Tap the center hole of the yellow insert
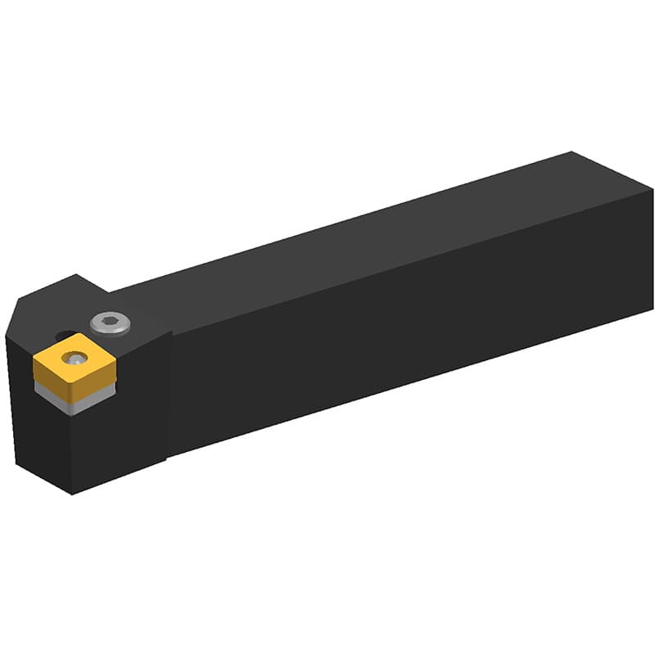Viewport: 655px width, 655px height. click(x=75, y=357)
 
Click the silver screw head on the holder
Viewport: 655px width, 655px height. click(x=110, y=323)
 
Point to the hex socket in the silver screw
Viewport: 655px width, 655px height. click(x=110, y=323)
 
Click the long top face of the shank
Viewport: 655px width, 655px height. click(x=368, y=237)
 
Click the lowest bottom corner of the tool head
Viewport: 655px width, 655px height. click(x=72, y=494)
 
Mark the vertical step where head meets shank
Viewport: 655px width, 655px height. click(x=169, y=393)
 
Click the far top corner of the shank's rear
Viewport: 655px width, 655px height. click(x=571, y=153)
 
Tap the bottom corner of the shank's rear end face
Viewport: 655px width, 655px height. click(x=653, y=309)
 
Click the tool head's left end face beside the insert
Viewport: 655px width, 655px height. click(x=25, y=426)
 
